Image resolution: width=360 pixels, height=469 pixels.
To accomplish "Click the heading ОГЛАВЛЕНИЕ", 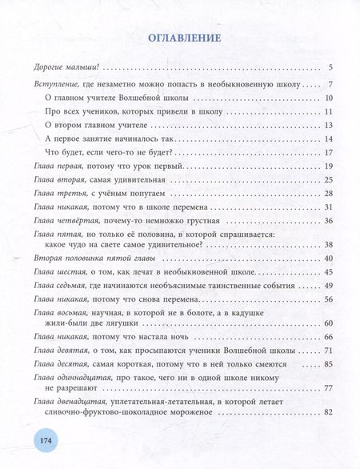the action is (x=179, y=38).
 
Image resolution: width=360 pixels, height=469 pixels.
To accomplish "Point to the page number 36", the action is (x=327, y=221).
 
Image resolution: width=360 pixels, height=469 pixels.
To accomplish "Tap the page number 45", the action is (x=327, y=273).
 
